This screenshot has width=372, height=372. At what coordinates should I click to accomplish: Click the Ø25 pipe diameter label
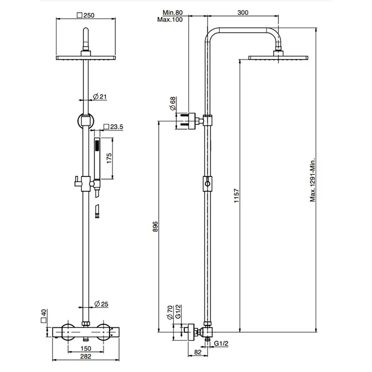(x=101, y=304)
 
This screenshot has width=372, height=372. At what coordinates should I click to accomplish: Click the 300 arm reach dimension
(x=242, y=13)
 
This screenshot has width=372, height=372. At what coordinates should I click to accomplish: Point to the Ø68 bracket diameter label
(x=173, y=103)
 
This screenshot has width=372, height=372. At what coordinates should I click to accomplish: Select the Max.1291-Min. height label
(x=314, y=179)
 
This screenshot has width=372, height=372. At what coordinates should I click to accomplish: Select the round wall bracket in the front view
(x=85, y=120)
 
